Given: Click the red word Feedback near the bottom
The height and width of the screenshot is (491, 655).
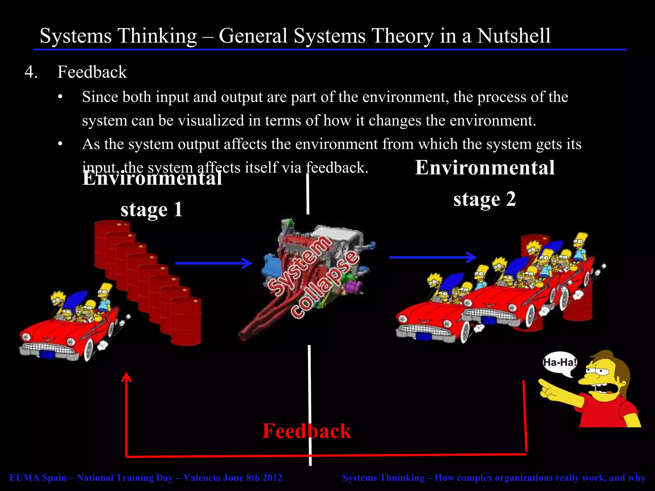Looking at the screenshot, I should pos(306,431).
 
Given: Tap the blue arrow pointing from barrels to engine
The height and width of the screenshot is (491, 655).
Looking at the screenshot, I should pos(214,263).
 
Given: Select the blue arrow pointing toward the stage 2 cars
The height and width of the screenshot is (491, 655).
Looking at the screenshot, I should pos(433,257).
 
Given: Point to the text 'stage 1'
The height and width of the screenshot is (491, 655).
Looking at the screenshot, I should pos(152,210).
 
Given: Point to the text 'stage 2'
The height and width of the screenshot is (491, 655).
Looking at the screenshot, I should pos(485,199).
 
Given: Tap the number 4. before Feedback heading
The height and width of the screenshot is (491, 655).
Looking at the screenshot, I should pos(31,72).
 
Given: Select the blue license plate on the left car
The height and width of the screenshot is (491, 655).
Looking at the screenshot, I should pos(47,355).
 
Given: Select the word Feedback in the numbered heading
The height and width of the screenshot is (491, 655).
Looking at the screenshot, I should pos(92,72).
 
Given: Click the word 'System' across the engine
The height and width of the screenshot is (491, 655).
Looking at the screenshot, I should pos(299,266).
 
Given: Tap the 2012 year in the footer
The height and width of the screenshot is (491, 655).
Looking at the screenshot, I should pos(272,478).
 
